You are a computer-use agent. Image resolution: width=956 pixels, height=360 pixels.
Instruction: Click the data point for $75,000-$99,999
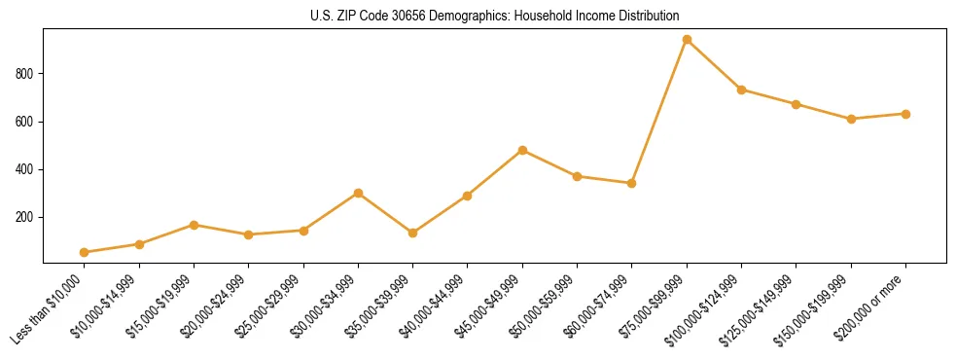click(687, 40)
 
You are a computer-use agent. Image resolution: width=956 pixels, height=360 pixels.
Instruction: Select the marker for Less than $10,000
click(85, 252)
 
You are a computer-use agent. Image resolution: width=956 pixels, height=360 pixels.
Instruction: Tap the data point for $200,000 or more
click(905, 114)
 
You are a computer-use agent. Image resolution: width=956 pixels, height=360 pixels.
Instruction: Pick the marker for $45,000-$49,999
click(522, 151)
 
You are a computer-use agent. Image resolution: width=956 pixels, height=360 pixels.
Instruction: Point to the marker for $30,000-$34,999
click(358, 193)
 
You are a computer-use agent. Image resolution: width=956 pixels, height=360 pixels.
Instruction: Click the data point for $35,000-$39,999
click(413, 233)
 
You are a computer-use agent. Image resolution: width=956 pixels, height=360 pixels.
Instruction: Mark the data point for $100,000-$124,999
click(741, 90)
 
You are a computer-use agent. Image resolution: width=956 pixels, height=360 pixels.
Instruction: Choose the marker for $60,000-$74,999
click(632, 183)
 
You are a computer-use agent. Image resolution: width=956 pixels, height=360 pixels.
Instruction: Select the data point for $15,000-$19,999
click(194, 225)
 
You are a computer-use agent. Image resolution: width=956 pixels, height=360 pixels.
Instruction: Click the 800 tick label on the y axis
click(25, 74)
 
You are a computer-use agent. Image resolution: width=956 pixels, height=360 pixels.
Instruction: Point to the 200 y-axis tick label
click(25, 217)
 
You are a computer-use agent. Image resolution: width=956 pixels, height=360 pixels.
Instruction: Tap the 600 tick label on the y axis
click(25, 122)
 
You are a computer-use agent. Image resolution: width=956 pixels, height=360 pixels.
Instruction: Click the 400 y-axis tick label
click(25, 169)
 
